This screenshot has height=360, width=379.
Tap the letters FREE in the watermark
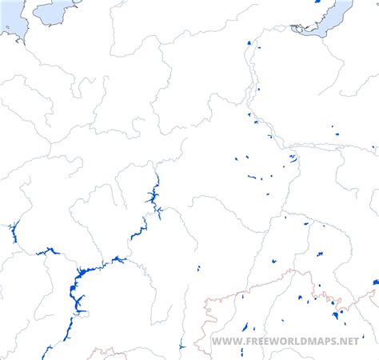tap(254, 342)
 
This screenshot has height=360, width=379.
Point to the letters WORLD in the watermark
tap(288, 342)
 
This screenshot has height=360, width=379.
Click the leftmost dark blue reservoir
tap(14, 233)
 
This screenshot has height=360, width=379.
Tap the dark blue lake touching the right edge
tap(375, 282)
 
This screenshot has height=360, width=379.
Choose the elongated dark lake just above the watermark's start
tap(245, 328)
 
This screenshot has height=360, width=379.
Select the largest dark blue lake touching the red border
tap(335, 314)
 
